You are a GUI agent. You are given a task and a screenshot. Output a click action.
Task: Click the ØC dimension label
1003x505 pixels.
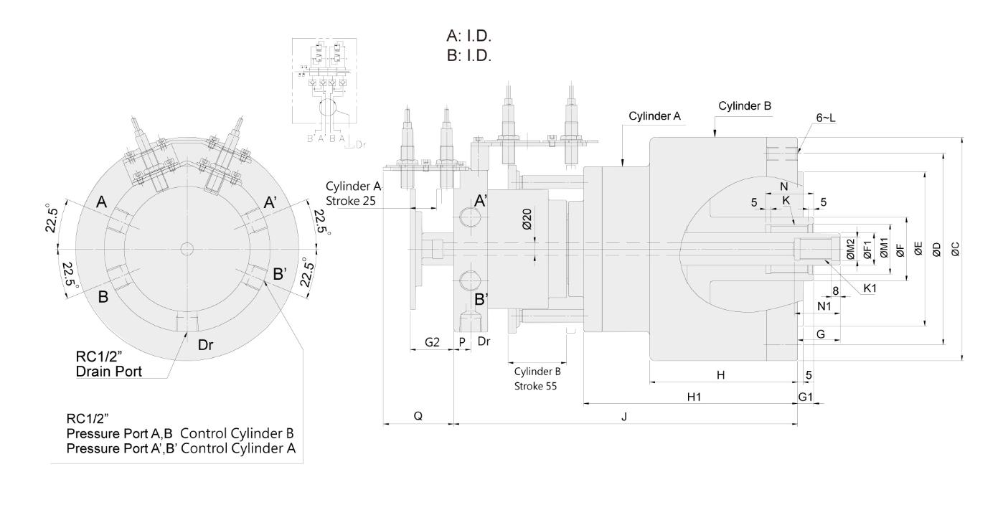coord(956,248)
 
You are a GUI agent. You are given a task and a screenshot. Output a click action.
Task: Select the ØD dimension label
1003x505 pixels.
coord(937,248)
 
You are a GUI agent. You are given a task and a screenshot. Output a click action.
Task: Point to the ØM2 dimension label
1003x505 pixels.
coord(849,248)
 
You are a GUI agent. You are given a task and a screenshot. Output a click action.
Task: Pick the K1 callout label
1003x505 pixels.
coord(870,288)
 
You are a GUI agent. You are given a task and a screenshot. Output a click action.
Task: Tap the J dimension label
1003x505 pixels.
coord(624,417)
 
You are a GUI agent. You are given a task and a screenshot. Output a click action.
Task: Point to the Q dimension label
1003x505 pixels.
coord(418,417)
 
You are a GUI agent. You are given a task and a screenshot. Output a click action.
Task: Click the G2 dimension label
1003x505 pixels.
coord(432,342)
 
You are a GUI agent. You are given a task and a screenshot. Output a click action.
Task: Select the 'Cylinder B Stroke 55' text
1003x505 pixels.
coord(537,379)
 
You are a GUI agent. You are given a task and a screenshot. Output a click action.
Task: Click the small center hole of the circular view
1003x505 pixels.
coord(187,249)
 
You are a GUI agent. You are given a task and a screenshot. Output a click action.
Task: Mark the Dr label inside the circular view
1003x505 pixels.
coord(206,345)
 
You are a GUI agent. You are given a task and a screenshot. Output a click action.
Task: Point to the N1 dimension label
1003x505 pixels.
coord(825,306)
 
